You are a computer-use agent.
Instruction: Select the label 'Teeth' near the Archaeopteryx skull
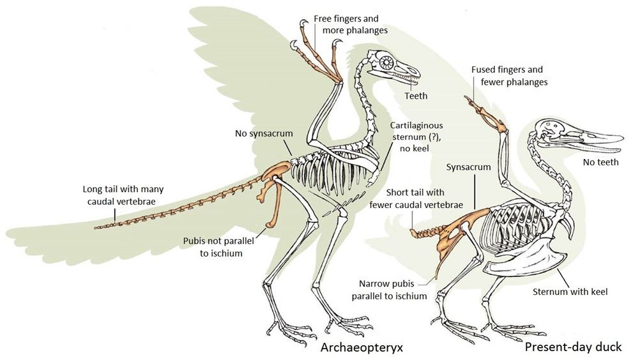tap(416, 96)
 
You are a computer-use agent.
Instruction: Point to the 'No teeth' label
tap(601, 162)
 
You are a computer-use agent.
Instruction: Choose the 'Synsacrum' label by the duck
tap(469, 167)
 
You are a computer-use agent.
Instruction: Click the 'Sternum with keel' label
tap(570, 292)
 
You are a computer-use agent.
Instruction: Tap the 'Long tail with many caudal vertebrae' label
tap(119, 195)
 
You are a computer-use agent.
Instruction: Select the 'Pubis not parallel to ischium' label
tap(212, 247)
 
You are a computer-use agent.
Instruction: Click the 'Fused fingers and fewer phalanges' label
tap(509, 75)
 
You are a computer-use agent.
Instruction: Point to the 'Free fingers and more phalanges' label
tap(351, 24)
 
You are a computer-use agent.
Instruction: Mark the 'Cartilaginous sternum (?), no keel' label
tap(416, 137)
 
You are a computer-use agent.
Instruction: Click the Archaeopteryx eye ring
tap(388, 63)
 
